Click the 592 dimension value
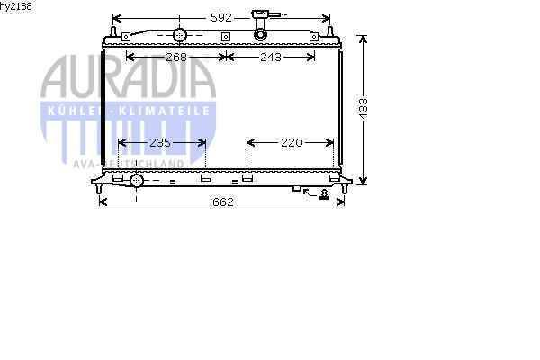(x=221, y=18)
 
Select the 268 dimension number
(x=176, y=58)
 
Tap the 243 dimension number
(x=271, y=58)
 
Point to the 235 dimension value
(x=160, y=142)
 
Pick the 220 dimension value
(x=292, y=142)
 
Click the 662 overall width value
(x=223, y=202)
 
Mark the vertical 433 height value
(x=364, y=109)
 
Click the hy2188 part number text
(x=16, y=6)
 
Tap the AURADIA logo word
(x=128, y=77)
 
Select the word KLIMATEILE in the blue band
(x=165, y=111)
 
